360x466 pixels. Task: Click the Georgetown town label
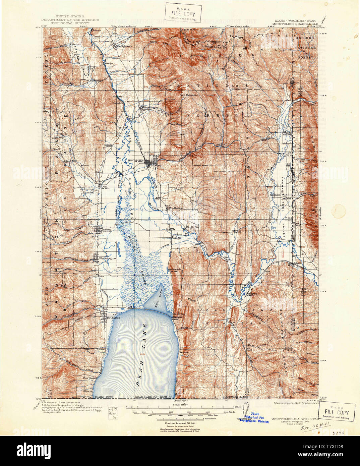pyautogui.click(x=123, y=47)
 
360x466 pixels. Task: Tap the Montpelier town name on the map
pyautogui.click(x=136, y=160)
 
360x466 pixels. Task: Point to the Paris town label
pyautogui.click(x=107, y=230)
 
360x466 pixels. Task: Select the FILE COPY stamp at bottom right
pyautogui.click(x=337, y=413)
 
